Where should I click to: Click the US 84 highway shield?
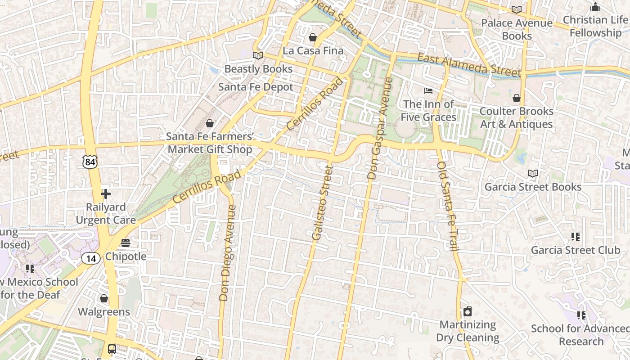coord(90,162)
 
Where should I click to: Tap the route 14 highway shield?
coord(90,258)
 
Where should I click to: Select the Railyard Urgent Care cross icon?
coord(106,194)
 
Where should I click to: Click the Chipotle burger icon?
coord(126,243)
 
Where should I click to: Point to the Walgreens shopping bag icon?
coord(104,298)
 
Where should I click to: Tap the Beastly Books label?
coord(258,69)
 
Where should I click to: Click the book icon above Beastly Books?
coord(258,55)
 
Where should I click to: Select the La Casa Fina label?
coord(313,51)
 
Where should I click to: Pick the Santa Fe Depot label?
coord(256,87)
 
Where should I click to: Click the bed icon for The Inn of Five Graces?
coord(428,91)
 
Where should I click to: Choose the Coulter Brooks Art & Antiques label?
coord(516,117)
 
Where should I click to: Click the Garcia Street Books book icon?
coord(533,173)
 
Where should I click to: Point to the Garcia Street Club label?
coord(576,250)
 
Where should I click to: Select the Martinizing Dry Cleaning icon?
coord(468,311)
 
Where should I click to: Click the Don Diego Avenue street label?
coord(228,252)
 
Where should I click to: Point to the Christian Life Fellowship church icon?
coord(595,7)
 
